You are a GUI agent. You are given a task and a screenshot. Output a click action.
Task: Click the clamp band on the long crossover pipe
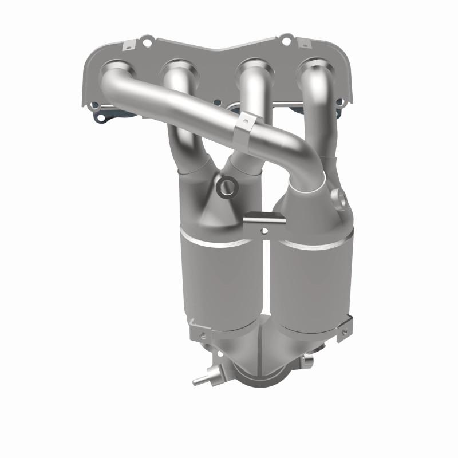pyautogui.click(x=246, y=131)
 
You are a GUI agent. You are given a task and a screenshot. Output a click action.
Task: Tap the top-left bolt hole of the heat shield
pyautogui.click(x=148, y=42)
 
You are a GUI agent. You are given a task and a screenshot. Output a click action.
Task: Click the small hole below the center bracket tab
pyautogui.click(x=264, y=231)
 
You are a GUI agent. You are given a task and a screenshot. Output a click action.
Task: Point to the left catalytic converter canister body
pyautogui.click(x=218, y=281)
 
